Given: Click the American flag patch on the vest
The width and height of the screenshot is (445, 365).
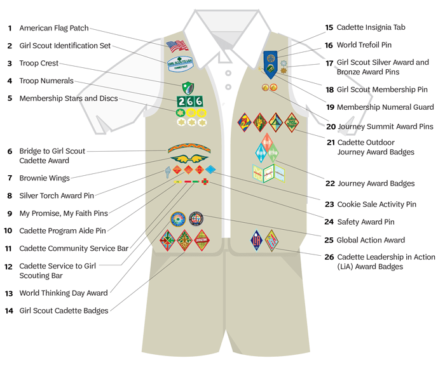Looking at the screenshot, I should point(177,46).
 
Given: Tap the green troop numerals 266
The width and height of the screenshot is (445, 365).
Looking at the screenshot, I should point(189,101).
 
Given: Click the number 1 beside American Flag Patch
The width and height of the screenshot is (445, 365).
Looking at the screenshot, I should point(10,29).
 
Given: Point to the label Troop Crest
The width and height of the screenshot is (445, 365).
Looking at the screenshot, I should point(39,63).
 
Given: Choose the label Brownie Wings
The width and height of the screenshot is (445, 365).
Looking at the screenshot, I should point(44,178).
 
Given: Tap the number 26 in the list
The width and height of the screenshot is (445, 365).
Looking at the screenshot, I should point(329,257).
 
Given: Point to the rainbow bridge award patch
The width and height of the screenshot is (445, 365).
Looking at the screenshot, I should point(189,149).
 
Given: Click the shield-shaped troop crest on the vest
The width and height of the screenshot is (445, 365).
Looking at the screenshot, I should point(188,88).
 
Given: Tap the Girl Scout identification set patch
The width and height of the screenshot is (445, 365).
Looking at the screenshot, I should point(181,62).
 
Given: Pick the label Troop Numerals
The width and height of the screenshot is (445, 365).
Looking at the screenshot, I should point(46,81).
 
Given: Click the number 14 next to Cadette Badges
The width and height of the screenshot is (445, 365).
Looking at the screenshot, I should point(9,311).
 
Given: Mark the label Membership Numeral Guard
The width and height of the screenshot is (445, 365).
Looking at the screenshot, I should point(385,107).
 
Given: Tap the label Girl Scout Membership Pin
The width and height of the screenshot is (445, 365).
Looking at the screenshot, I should point(382,90).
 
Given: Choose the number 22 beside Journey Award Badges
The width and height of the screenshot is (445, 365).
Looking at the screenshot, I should point(330,183).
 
